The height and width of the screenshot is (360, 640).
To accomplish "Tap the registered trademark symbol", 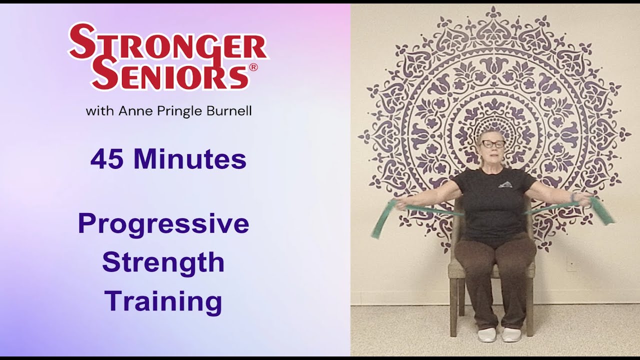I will [253, 67].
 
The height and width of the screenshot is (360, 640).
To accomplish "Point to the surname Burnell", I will [229, 111].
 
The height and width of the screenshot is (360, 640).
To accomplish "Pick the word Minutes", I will [189, 159].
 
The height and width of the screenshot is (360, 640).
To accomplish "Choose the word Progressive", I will [163, 224].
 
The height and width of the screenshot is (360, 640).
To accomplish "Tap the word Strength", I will [163, 262].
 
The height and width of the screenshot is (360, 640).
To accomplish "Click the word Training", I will [163, 302].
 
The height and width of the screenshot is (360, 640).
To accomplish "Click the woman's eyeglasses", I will [492, 144].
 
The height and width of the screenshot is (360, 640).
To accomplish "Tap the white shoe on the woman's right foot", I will [486, 334].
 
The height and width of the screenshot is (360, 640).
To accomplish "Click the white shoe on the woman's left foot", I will [511, 334].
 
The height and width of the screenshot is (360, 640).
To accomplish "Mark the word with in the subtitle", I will [99, 110].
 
